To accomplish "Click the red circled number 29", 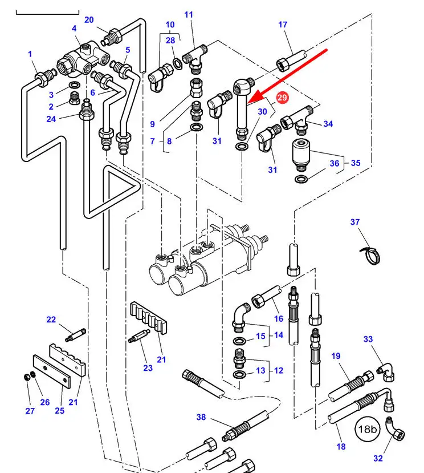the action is point(282,98).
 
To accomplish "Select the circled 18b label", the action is point(368,429).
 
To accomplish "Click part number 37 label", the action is point(355,222).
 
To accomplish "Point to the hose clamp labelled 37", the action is point(370,254).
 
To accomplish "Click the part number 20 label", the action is point(89,20).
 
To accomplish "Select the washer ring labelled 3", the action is point(75,84).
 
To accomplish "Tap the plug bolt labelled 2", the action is point(75,98).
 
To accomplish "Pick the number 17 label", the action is point(283,25).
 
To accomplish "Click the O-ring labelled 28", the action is point(177,63).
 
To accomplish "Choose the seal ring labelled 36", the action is point(301,179).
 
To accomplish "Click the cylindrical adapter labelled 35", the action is point(300,154).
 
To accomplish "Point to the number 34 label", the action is point(328,124).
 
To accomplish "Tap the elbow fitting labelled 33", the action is point(385,371).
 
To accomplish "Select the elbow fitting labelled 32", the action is point(395,430).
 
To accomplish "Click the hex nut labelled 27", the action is point(27,377).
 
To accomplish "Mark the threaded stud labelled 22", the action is point(75,335).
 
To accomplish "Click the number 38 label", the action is point(201,417).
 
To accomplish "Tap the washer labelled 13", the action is point(240,375).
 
